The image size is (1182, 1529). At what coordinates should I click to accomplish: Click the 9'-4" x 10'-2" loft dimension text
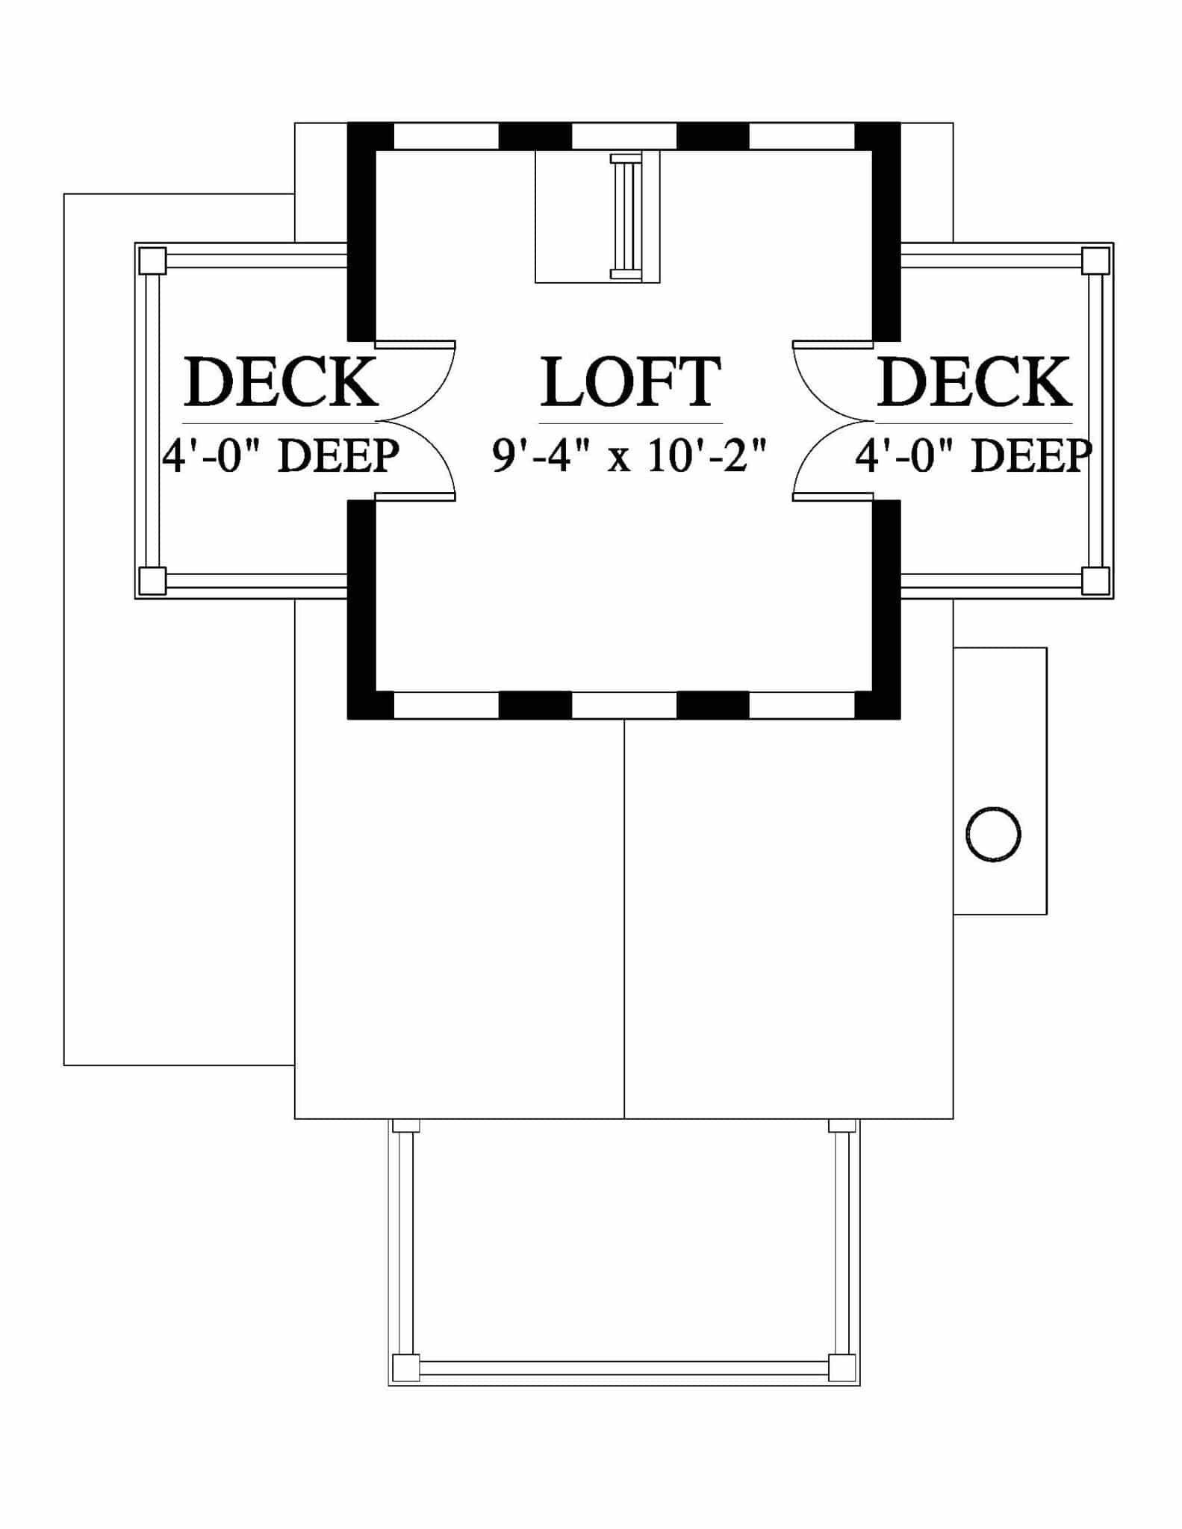tap(630, 455)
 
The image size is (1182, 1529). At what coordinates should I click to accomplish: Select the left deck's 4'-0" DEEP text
tap(281, 455)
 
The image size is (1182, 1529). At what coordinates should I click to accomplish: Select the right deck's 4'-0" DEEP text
tap(974, 455)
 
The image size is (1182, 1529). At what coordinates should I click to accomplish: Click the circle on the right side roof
tap(993, 835)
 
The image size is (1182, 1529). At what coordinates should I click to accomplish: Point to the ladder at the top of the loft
tap(626, 217)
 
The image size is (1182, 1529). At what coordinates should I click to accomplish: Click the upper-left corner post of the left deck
tap(152, 261)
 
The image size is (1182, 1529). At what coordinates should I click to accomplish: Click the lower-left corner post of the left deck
tap(152, 581)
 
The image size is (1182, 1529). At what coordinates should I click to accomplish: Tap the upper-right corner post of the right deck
tap(1095, 261)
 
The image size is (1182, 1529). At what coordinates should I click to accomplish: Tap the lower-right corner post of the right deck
tap(1095, 581)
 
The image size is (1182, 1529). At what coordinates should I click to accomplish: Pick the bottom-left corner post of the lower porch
tap(406, 1368)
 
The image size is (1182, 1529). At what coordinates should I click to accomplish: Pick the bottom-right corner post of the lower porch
tap(842, 1368)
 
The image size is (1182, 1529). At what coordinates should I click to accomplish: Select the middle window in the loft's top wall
tap(624, 136)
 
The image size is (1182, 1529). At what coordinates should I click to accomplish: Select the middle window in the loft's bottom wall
tap(624, 706)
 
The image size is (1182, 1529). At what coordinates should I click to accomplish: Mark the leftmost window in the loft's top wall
tap(446, 136)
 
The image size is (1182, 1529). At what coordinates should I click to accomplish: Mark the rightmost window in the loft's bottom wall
tap(802, 706)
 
